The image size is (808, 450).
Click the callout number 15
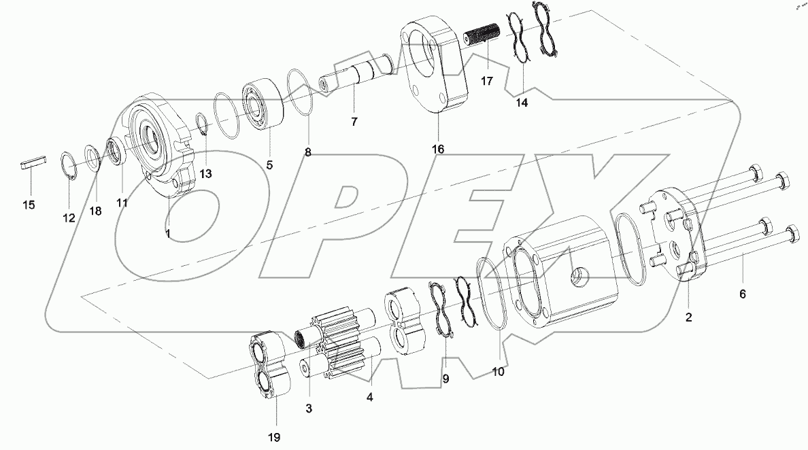pyautogui.click(x=29, y=205)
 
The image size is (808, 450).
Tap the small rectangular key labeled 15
pyautogui.click(x=32, y=165)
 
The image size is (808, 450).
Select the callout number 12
pyautogui.click(x=69, y=218)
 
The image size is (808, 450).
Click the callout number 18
pyautogui.click(x=95, y=211)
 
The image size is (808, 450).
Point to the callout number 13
pyautogui.click(x=205, y=174)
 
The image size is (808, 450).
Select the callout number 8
pyautogui.click(x=308, y=153)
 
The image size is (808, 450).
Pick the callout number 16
pyautogui.click(x=437, y=148)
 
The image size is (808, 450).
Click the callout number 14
pyautogui.click(x=521, y=103)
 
